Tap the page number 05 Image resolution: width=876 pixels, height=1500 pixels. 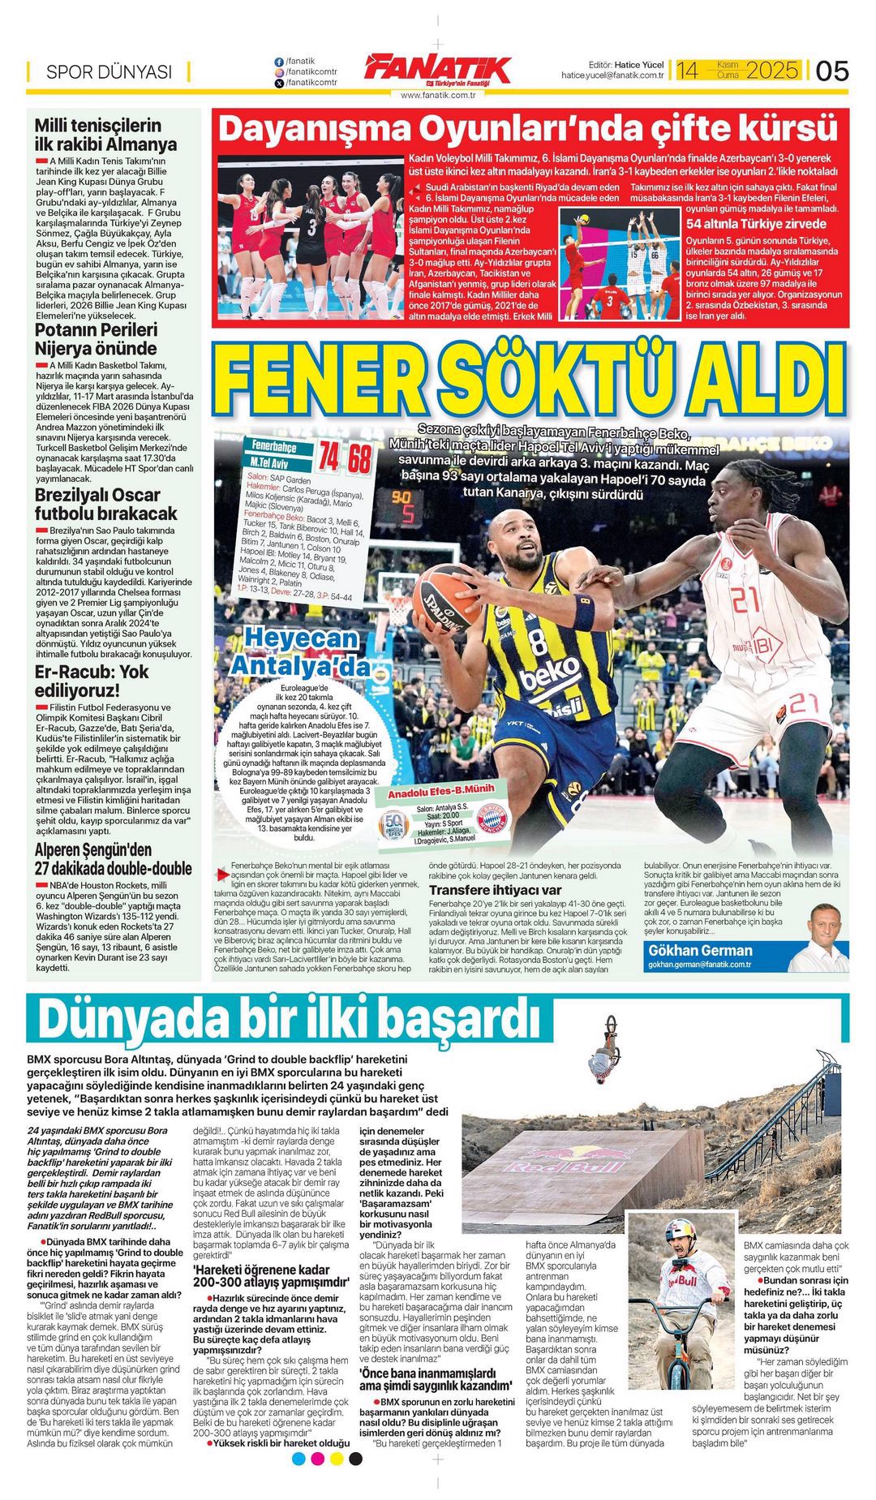pos(831,71)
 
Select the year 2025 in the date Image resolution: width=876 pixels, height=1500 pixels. pos(772,71)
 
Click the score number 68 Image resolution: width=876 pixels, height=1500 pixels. pos(359,459)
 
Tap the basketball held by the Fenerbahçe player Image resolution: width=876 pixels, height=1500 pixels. pos(445,598)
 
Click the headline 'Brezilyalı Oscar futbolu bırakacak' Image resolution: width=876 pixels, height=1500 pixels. pos(105,504)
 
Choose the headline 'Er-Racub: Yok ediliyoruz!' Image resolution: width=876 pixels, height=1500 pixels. pos(92,681)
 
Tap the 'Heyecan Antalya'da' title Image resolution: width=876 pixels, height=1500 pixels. pos(300,651)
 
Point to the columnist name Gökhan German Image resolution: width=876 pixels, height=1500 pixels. pos(700,950)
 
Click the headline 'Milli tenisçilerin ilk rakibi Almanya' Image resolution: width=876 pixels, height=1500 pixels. pos(105,135)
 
